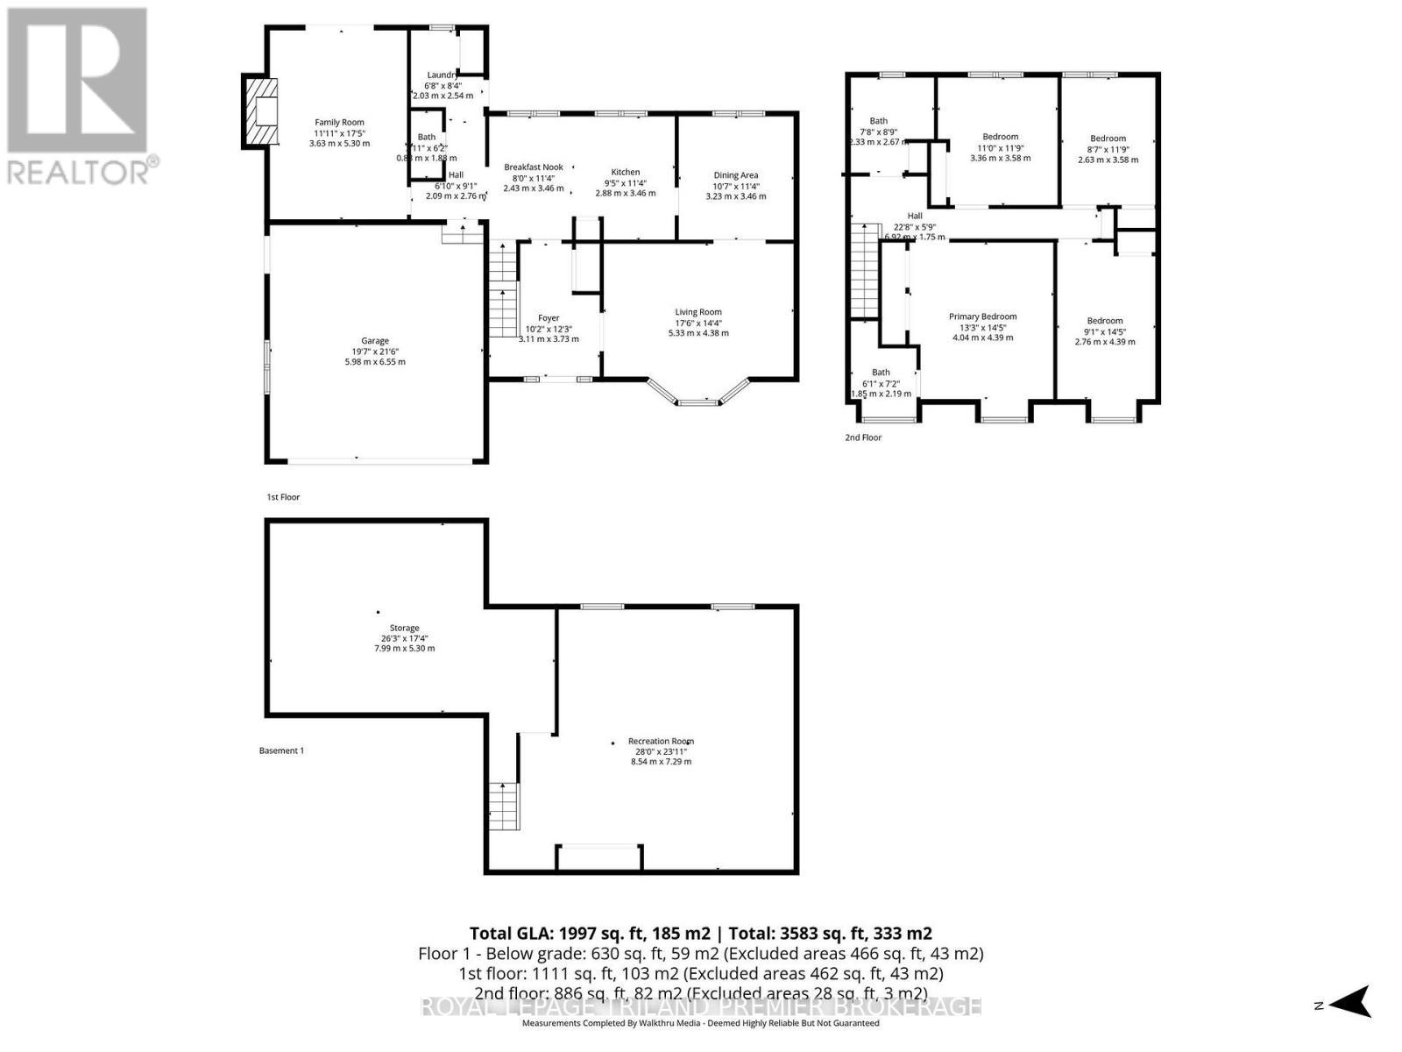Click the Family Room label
339,123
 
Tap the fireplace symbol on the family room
259,111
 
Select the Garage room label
375,341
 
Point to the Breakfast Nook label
533,167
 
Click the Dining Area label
735,175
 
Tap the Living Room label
697,312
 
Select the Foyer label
549,318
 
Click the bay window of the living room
698,396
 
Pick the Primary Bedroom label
982,317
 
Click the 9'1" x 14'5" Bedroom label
1104,322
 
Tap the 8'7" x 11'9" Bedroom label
1108,139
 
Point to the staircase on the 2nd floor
864,272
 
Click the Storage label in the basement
404,629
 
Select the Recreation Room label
661,742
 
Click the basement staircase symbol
503,806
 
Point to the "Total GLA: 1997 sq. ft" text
570,933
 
